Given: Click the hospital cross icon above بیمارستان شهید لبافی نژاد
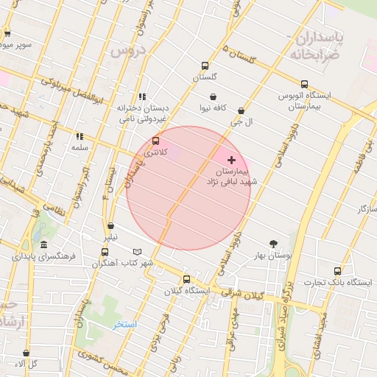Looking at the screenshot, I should point(232,160).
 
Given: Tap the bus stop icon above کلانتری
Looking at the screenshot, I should point(155,141).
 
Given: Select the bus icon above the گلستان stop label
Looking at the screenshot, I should point(205,66).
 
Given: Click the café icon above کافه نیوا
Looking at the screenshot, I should point(213,97).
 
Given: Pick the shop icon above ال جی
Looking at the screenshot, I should point(241,110).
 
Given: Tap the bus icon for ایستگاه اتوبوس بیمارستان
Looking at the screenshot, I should point(304,84).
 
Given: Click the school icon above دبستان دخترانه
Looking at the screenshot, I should point(141,96).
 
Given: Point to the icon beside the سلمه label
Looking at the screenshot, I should point(80,136).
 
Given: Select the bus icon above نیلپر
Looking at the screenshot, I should point(110,226).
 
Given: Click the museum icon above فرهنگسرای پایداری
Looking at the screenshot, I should point(44,245).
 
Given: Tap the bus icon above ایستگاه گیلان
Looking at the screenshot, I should point(186,279).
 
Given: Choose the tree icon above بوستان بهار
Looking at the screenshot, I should point(273,243).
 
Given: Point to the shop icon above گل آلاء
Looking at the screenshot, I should point(27,353).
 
